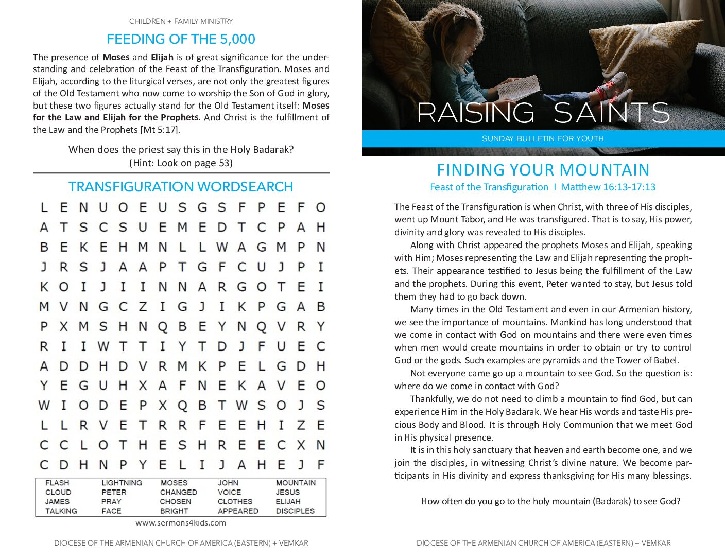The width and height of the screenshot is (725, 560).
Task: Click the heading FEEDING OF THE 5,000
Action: click(x=181, y=39)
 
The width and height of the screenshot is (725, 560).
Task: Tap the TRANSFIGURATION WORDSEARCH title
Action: click(x=181, y=186)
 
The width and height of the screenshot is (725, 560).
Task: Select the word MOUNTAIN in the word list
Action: click(x=296, y=483)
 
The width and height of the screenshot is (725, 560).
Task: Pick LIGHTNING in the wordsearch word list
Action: click(x=122, y=483)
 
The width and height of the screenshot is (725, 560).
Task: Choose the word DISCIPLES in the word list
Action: click(x=295, y=511)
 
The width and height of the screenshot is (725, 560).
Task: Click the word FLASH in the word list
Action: click(x=57, y=483)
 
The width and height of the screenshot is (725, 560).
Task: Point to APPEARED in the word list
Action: click(x=238, y=511)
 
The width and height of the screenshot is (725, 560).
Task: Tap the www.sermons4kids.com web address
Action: click(x=181, y=522)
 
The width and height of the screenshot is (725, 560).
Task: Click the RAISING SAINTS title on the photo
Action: click(x=543, y=113)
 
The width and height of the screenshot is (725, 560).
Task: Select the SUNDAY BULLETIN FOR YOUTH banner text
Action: click(x=543, y=138)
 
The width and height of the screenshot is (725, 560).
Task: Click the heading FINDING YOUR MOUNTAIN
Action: click(x=543, y=170)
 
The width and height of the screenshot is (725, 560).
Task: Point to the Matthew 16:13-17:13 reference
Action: click(x=608, y=187)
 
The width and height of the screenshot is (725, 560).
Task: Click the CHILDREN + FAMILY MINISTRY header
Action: click(x=181, y=21)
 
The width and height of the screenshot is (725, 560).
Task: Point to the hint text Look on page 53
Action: click(x=181, y=163)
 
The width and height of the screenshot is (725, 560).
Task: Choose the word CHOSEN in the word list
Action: click(x=175, y=501)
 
